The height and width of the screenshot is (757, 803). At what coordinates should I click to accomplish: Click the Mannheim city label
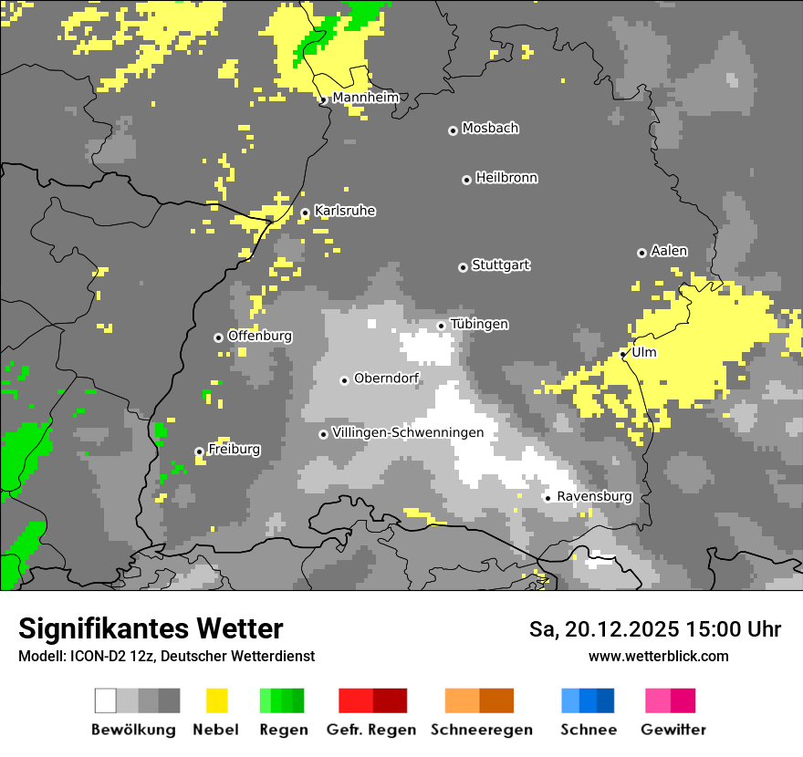(x=365, y=98)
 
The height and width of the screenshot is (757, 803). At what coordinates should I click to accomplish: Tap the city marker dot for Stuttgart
(x=463, y=267)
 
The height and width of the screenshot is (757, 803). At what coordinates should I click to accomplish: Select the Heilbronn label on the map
(x=506, y=178)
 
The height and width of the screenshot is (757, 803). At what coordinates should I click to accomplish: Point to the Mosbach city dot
(x=453, y=130)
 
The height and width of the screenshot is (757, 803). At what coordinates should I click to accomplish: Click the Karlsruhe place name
(x=345, y=211)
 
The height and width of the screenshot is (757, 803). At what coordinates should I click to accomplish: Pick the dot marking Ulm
(x=623, y=354)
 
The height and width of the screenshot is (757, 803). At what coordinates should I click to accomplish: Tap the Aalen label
(x=669, y=251)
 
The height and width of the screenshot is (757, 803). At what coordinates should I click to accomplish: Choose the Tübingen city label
(x=479, y=324)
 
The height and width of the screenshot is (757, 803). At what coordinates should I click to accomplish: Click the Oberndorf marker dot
(x=344, y=380)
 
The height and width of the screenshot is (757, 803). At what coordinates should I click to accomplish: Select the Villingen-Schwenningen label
(x=408, y=432)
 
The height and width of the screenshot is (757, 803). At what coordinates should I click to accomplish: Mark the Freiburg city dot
(x=199, y=451)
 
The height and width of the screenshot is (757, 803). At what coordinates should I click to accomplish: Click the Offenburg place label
(x=260, y=336)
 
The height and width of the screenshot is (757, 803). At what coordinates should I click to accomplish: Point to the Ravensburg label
(x=594, y=496)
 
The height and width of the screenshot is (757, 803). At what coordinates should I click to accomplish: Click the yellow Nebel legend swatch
(x=217, y=700)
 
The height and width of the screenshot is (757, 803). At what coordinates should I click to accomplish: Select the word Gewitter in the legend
(x=673, y=730)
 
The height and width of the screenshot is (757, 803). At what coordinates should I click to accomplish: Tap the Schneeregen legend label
(x=481, y=730)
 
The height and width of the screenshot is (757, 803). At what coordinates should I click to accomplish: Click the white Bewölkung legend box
(x=106, y=700)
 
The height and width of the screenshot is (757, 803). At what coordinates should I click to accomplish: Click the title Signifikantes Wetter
(x=151, y=628)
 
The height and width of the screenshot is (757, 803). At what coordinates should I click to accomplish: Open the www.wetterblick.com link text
(x=658, y=656)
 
